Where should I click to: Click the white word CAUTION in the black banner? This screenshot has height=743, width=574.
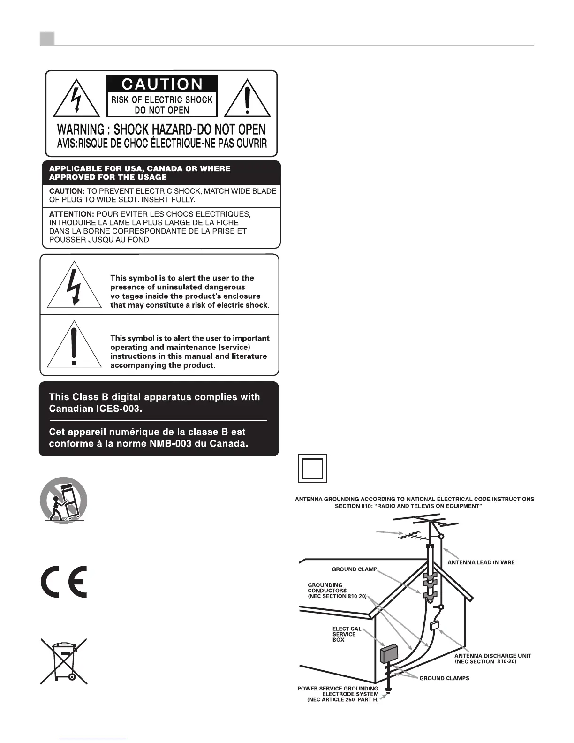click(162, 84)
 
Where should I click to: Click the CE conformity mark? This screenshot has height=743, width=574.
click(63, 582)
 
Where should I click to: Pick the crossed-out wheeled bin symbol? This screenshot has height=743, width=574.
click(63, 660)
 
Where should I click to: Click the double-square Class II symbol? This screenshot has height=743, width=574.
click(312, 469)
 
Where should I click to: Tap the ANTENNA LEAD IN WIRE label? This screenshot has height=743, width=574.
click(481, 562)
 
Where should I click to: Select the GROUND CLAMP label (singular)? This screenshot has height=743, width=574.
click(354, 569)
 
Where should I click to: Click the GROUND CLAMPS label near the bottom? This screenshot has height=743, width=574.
click(444, 678)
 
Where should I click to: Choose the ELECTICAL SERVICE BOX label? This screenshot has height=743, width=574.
click(347, 634)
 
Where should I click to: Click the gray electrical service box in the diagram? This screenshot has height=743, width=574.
click(389, 653)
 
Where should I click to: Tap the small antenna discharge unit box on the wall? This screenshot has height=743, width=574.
click(434, 625)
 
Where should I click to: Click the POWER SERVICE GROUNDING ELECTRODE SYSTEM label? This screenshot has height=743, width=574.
click(339, 694)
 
